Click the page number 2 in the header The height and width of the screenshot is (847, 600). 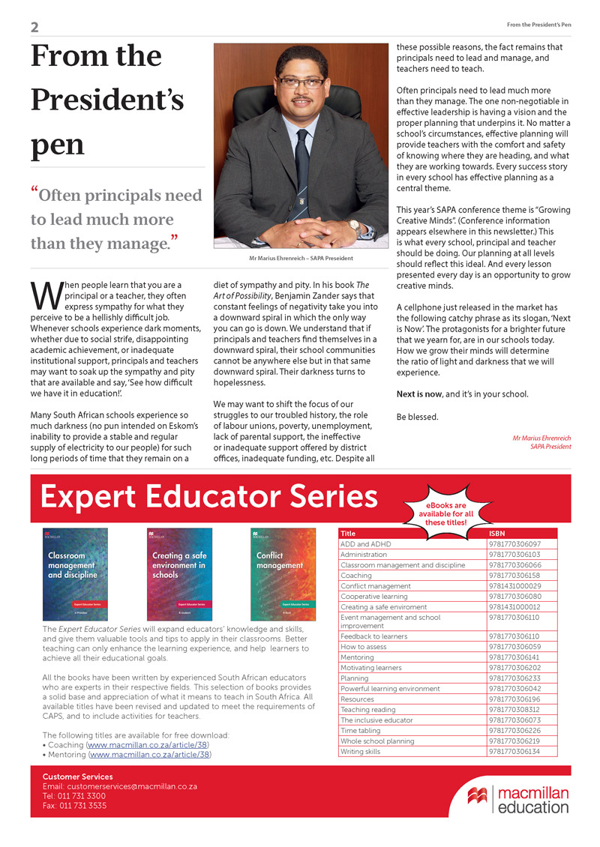pos(34,28)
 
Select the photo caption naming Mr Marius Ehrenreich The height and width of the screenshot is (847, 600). pos(301,259)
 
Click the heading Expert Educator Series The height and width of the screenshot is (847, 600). pos(208,497)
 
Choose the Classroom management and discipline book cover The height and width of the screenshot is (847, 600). pos(75,573)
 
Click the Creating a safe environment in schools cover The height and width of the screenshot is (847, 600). pos(178,573)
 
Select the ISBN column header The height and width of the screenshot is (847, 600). pos(497,534)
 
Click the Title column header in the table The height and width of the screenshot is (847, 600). pos(348,534)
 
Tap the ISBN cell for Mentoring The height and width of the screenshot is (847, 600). pos(514,657)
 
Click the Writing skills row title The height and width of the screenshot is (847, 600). pos(361,751)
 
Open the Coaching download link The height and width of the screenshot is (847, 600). pos(148,746)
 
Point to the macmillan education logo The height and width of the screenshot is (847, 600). pos(517,800)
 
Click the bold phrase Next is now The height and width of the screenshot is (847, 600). pos(419,394)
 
